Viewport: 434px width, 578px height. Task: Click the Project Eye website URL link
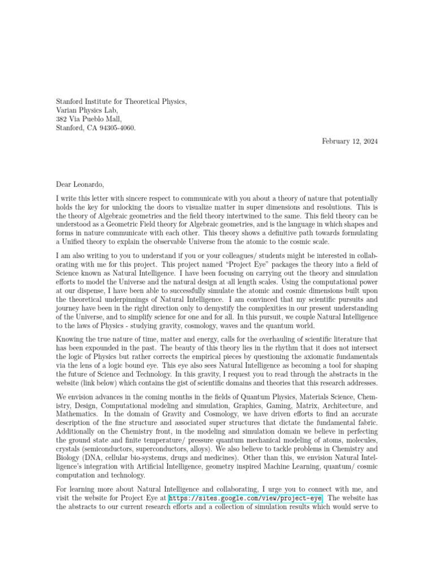click(x=245, y=498)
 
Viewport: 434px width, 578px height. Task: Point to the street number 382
click(x=62, y=119)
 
